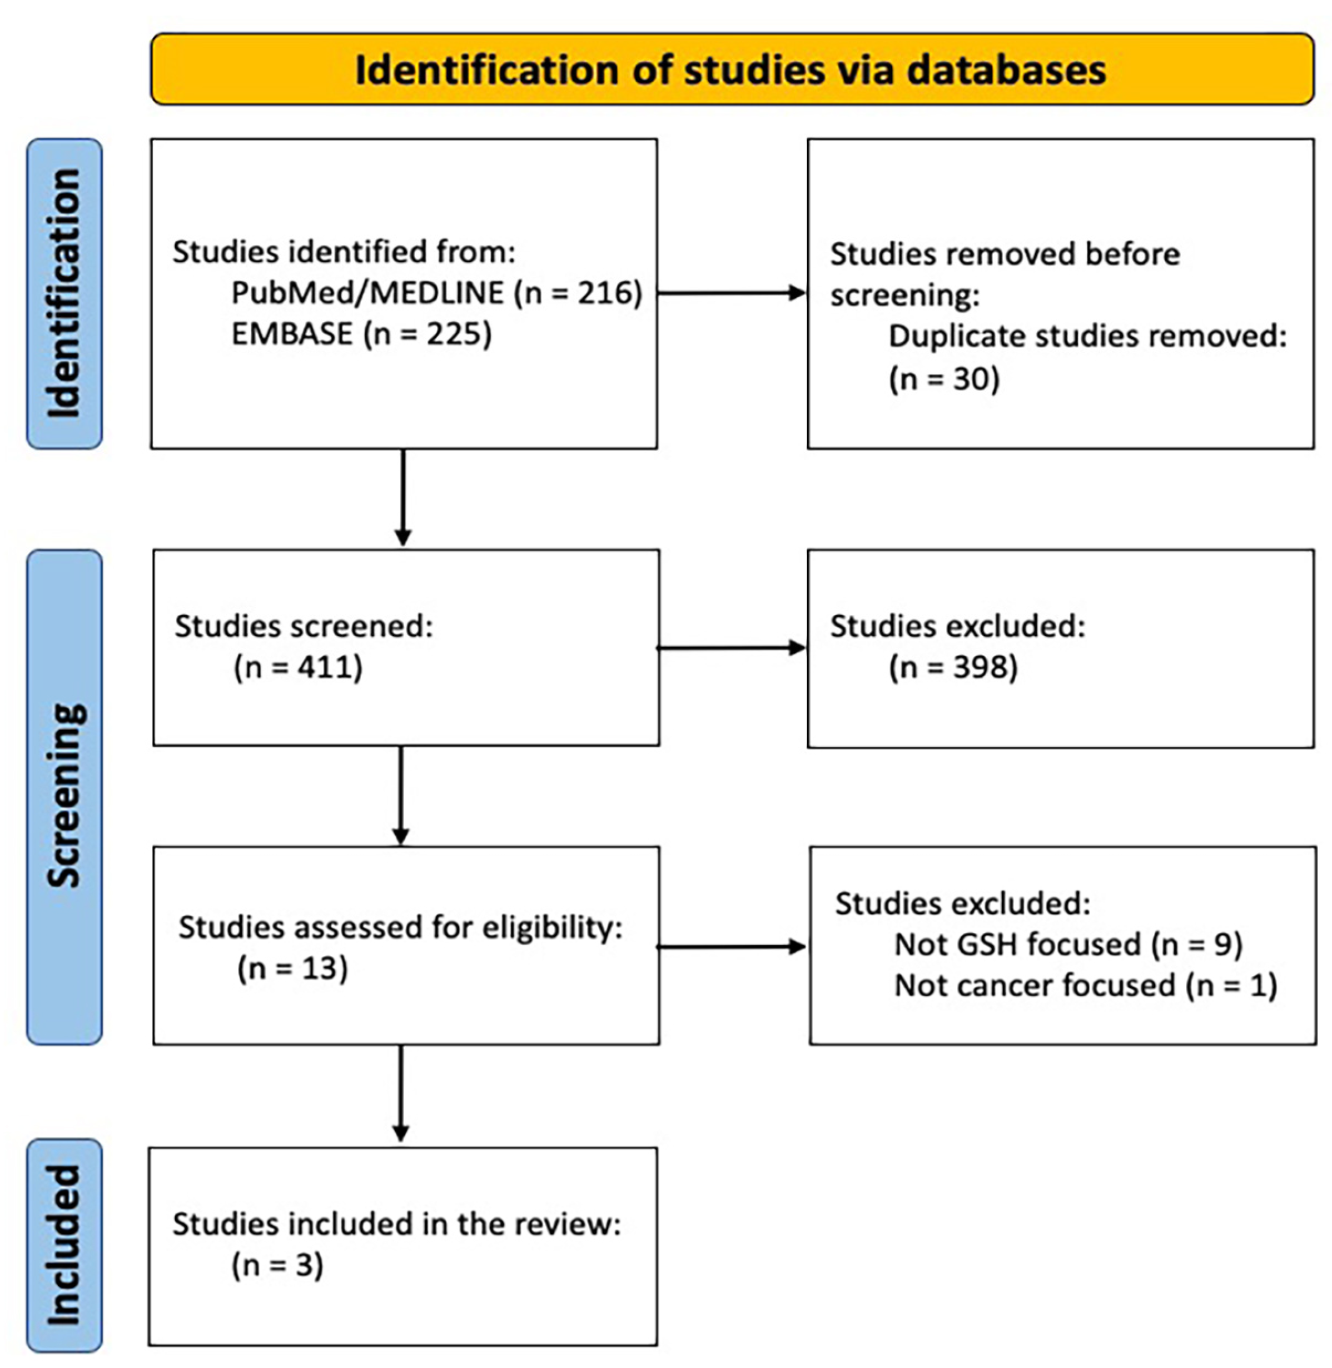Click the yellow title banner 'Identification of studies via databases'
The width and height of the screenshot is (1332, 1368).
click(x=731, y=70)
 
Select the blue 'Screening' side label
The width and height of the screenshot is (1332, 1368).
click(x=64, y=797)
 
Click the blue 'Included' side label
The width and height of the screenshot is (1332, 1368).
click(x=64, y=1245)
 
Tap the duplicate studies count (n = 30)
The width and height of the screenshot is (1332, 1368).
click(x=944, y=379)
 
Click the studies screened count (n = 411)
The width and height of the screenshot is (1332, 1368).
click(x=298, y=667)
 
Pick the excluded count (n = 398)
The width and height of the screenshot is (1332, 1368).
click(x=953, y=667)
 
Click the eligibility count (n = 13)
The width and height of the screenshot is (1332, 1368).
click(x=292, y=968)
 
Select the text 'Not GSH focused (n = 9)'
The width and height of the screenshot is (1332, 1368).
click(x=1067, y=944)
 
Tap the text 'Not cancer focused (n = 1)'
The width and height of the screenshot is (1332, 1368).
click(x=1085, y=985)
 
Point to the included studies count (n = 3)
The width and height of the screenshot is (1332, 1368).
click(x=277, y=1265)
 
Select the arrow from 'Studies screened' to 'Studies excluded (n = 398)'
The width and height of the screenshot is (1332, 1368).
click(x=731, y=648)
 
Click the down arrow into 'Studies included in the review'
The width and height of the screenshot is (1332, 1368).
click(x=401, y=1095)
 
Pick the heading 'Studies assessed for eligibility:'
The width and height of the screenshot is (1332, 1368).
click(x=400, y=927)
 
